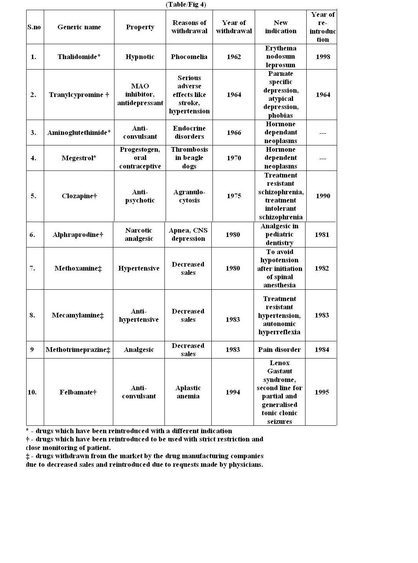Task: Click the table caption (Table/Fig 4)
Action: point(186,5)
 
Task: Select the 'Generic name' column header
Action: point(79,27)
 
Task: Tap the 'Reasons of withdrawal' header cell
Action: point(189,27)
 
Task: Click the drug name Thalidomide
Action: point(79,57)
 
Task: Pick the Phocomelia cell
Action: point(189,57)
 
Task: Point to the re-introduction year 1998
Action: point(323,57)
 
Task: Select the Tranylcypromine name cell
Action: point(79,95)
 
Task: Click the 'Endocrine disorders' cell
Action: point(189,133)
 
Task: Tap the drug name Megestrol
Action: point(79,158)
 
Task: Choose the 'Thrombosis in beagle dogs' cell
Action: point(189,158)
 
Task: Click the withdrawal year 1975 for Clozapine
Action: point(234,196)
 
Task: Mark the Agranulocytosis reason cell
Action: point(189,196)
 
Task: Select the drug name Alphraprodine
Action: point(78,235)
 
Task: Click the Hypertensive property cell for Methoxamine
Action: point(139,268)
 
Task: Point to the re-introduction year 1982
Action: point(322,268)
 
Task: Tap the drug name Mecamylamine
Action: point(78,315)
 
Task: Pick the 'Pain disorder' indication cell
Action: point(279,350)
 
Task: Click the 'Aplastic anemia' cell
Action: point(188,392)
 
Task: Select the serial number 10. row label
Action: point(32,392)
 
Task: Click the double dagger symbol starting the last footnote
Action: point(28,456)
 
